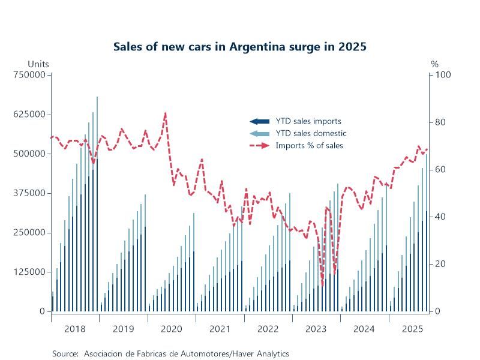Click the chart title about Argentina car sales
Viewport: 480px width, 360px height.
[239, 47]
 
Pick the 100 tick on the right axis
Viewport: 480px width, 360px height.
[442, 74]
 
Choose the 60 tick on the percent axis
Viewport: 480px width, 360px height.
[440, 169]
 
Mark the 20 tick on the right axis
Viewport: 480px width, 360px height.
[440, 264]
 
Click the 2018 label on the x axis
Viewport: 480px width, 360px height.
[75, 329]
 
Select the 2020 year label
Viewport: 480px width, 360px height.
[172, 329]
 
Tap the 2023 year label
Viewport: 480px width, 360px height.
[316, 329]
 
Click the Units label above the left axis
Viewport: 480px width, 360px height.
[38, 64]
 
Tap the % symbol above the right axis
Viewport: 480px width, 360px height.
[434, 64]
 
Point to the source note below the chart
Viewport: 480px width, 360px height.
[170, 353]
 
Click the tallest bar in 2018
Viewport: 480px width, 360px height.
[97, 204]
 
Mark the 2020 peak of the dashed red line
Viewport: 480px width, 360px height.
[166, 113]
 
